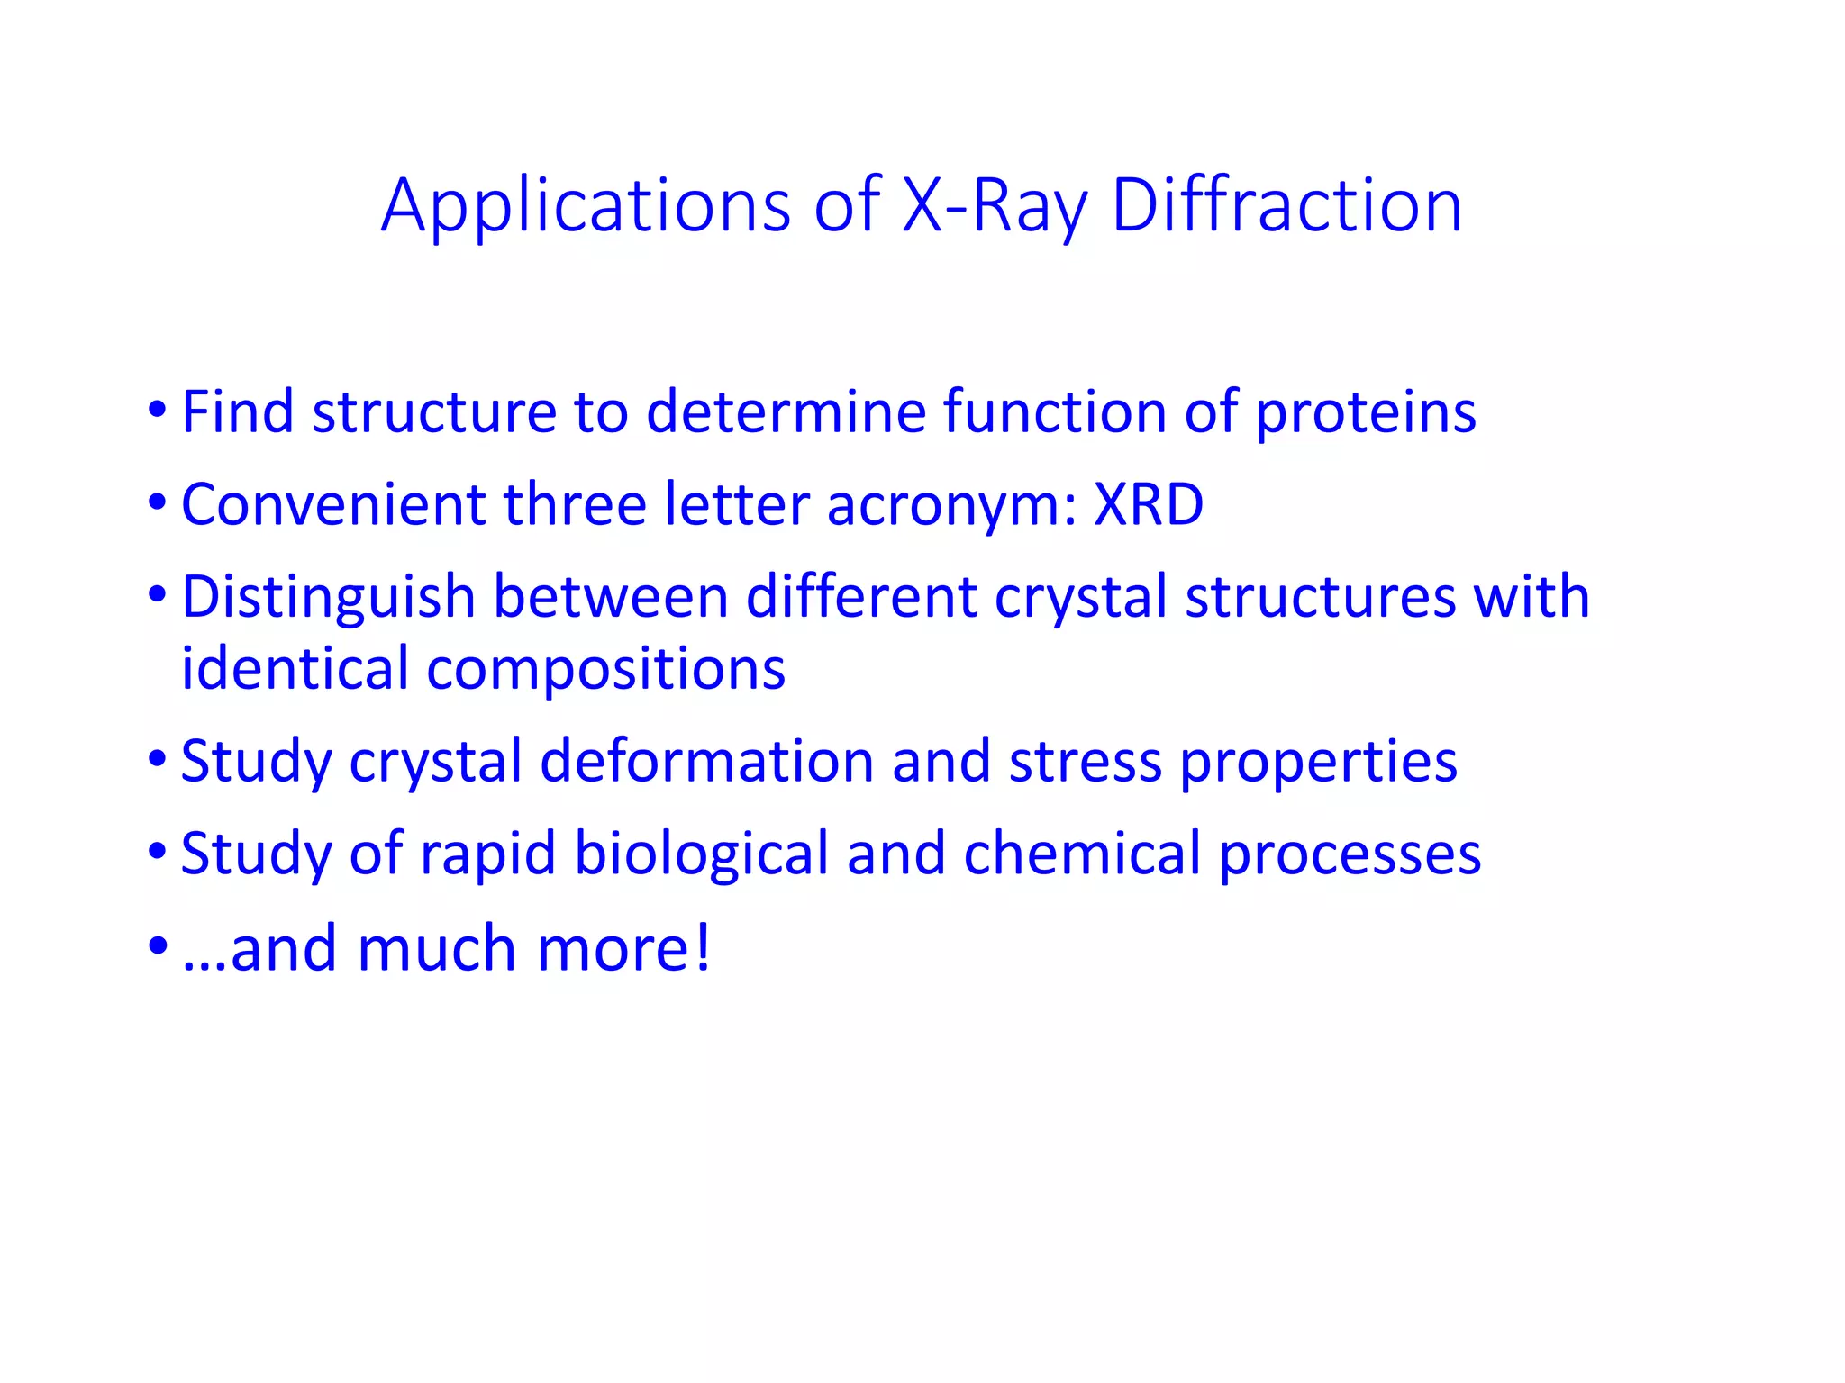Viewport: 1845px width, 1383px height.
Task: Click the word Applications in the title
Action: click(586, 207)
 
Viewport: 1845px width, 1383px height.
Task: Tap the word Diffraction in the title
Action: click(1286, 207)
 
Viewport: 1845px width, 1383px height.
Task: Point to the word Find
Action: click(238, 411)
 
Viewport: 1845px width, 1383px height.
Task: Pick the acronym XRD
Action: click(1149, 504)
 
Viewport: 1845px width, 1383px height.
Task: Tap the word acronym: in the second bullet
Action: click(951, 506)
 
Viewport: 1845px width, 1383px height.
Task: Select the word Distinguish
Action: click(329, 598)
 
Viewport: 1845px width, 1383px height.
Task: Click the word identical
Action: click(295, 669)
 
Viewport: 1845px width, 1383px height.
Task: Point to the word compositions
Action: click(605, 671)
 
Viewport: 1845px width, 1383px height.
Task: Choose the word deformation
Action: click(707, 762)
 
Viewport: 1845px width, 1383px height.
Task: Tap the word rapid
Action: click(487, 854)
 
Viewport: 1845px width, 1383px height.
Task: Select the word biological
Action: click(701, 854)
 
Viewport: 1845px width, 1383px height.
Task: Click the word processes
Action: click(1350, 855)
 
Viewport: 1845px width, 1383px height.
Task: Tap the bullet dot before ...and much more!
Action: click(158, 945)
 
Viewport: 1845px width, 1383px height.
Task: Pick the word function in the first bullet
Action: click(1054, 411)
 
